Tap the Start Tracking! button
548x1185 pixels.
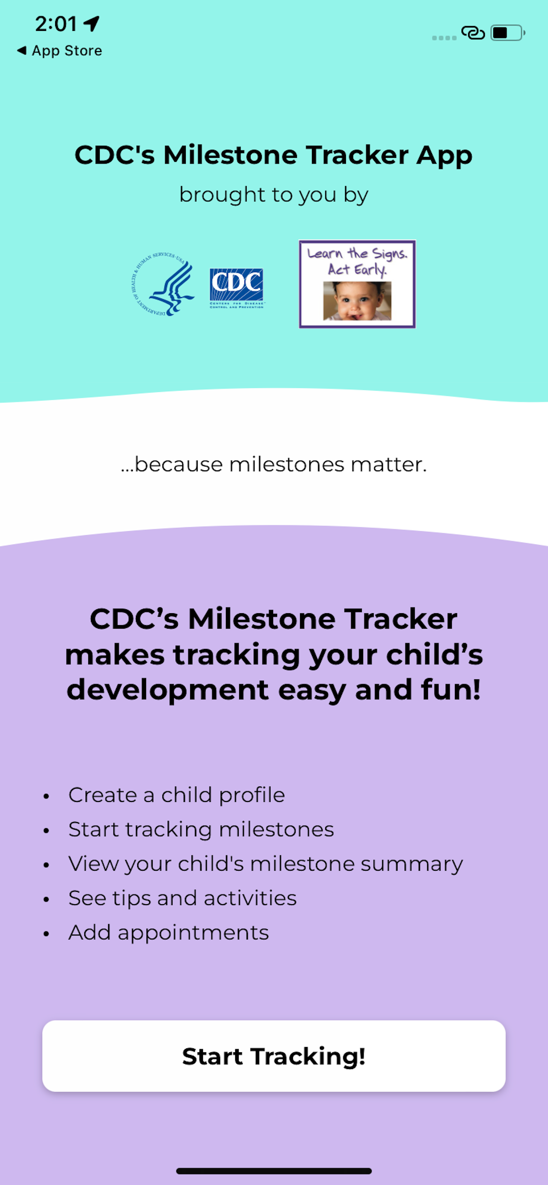pos(274,1056)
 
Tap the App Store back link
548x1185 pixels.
pos(60,50)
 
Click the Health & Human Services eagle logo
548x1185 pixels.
pos(162,284)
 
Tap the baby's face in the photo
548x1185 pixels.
pos(357,301)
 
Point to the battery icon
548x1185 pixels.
pos(507,33)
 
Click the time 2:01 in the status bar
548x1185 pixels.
pos(56,24)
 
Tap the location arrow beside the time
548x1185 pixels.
pos(92,23)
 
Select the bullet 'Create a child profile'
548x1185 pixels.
pos(177,795)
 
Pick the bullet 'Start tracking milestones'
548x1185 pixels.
pos(201,829)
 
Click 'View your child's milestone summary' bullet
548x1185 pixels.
pos(266,864)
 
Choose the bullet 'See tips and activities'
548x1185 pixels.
pos(182,898)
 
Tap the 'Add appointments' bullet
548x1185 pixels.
pos(169,932)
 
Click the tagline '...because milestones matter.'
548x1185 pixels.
pos(274,464)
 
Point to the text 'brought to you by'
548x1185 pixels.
pos(274,195)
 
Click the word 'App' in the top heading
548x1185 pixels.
pos(444,156)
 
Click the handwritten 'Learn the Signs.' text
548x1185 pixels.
pos(357,253)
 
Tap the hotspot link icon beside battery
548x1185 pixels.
pos(473,33)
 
